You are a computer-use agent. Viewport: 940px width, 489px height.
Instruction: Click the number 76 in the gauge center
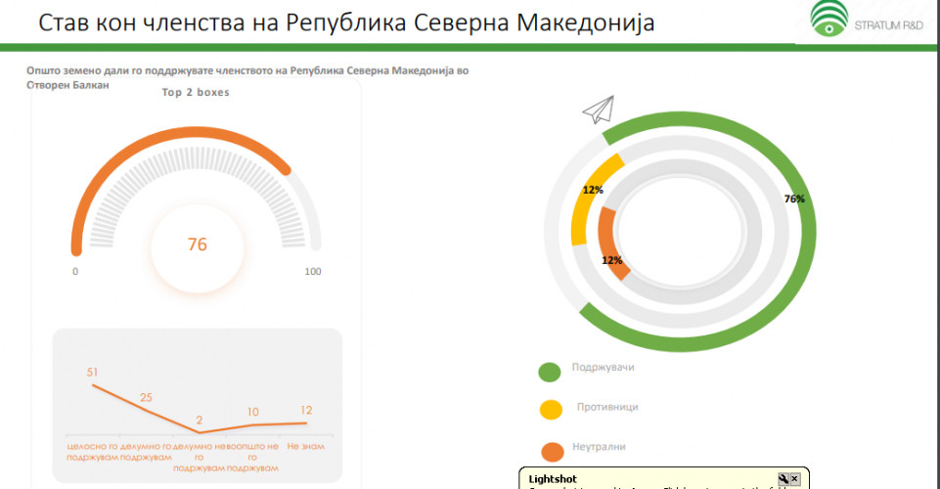click(x=198, y=244)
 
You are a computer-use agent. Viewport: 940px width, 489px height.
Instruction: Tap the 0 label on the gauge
click(x=75, y=272)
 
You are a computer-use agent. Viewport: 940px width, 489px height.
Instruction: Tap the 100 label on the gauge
click(x=313, y=272)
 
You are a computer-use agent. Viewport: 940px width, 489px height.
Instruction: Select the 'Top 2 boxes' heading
click(x=197, y=93)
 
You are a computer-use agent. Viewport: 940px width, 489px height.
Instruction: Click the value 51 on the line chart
click(x=93, y=372)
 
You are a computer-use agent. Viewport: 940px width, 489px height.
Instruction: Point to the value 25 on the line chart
click(x=145, y=397)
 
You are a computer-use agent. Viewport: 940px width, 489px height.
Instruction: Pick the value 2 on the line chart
click(x=199, y=420)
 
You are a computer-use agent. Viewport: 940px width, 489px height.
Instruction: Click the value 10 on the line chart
click(x=253, y=412)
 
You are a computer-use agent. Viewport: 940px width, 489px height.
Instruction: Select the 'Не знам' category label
click(x=306, y=446)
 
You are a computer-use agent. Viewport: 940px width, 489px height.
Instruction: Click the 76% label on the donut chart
click(x=794, y=199)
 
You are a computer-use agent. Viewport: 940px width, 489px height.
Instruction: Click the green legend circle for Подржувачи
click(x=550, y=372)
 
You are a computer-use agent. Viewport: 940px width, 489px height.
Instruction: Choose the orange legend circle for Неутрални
click(x=552, y=451)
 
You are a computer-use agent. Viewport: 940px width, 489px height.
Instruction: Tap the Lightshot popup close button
click(x=794, y=478)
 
